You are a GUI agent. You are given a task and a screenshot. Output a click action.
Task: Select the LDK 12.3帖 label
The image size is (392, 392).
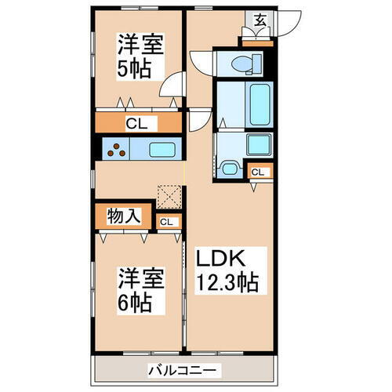[227, 268]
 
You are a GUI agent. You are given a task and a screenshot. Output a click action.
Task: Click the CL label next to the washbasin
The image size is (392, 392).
[257, 172]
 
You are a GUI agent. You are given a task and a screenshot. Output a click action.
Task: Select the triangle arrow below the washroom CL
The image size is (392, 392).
[255, 187]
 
